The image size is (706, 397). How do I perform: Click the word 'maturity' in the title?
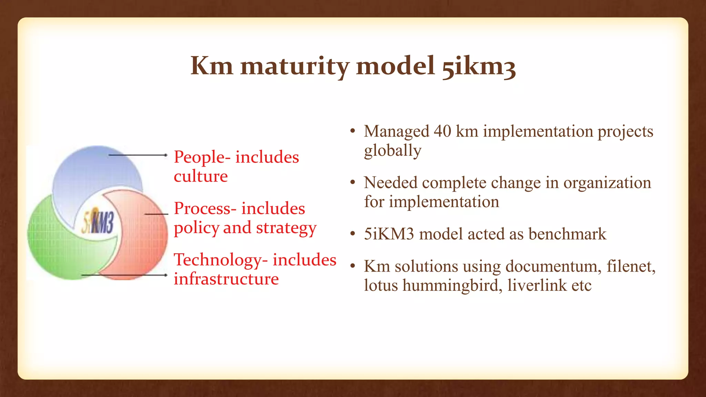point(295,66)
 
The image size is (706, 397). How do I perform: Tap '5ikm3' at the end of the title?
point(479,66)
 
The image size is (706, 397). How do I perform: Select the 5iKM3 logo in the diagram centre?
point(98,222)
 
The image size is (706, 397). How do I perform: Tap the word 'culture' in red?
point(201,176)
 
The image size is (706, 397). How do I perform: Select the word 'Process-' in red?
point(205,208)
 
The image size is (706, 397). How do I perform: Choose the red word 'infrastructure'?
point(226,279)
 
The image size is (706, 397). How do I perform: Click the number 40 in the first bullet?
point(442,131)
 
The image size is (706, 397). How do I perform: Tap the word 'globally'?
point(393,151)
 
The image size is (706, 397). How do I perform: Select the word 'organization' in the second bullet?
point(607,183)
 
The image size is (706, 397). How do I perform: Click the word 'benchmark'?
point(567,234)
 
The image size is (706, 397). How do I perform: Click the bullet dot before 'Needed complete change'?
point(352,183)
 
